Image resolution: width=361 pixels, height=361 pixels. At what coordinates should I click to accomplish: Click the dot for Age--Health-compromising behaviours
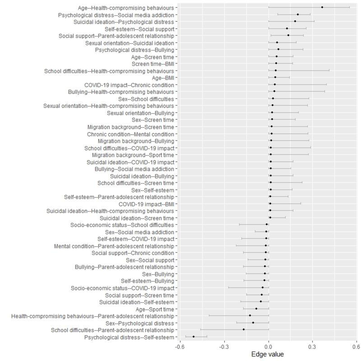point(322,7)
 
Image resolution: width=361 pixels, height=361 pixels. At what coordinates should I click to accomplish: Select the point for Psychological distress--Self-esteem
point(193,337)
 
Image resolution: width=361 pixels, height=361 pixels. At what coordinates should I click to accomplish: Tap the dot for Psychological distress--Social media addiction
point(298,14)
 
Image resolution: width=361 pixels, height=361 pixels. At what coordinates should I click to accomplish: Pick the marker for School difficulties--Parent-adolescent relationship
point(244,329)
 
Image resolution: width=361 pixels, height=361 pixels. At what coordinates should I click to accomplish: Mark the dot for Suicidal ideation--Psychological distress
point(295,21)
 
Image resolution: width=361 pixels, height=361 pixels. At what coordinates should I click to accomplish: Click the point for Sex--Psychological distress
point(253,323)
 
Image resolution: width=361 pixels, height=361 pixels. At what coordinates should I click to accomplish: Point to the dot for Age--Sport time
point(256,309)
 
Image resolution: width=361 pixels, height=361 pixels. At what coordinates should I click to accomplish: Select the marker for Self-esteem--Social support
point(287,29)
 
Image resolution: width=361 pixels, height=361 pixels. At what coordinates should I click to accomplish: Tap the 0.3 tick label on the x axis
point(313,347)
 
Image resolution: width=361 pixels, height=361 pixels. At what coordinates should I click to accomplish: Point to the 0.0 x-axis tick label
point(269,347)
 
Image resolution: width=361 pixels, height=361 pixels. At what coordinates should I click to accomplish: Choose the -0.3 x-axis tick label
point(224,347)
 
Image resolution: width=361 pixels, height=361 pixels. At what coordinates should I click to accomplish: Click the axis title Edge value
point(267,354)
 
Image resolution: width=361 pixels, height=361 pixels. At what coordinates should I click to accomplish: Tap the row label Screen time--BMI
point(153,64)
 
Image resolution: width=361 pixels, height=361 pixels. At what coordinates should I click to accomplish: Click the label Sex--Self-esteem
point(153,190)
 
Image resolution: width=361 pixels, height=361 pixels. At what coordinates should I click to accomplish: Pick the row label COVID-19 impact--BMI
point(146,204)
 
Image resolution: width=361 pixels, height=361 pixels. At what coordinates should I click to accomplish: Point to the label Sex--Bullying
point(158,274)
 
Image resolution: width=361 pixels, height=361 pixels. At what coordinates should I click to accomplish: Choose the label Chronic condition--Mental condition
point(131,134)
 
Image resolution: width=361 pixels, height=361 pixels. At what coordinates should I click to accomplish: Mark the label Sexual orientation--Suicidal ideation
point(130,43)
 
